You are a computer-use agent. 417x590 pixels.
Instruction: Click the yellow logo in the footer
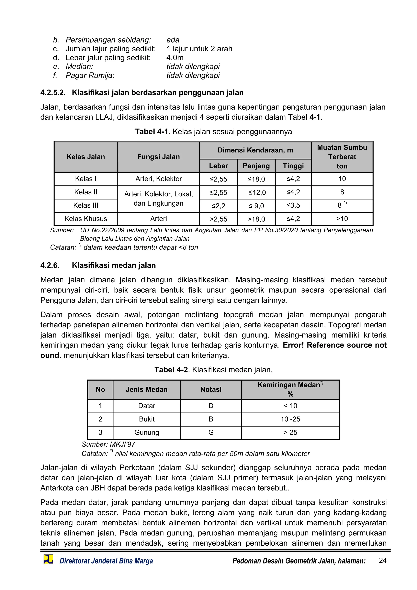tap(48, 559)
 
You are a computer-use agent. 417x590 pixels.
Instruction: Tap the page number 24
tap(382, 560)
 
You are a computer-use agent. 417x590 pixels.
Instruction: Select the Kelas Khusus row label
tap(86, 219)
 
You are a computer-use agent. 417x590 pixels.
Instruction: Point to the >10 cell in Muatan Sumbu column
tap(342, 219)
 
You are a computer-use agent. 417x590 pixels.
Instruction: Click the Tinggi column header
tap(293, 166)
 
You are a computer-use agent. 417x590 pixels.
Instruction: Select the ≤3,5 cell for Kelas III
tap(293, 205)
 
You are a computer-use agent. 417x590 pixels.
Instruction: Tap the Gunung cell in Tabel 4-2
tap(147, 432)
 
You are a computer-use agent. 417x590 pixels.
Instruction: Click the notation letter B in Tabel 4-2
tap(211, 419)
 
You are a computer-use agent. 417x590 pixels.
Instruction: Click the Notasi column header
tap(211, 389)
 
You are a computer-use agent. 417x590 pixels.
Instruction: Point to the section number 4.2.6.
tap(50, 265)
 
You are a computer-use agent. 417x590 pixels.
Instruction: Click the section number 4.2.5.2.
tap(53, 92)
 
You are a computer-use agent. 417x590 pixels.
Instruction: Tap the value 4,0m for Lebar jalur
tap(175, 58)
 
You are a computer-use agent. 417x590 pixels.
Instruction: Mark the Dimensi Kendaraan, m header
tap(255, 150)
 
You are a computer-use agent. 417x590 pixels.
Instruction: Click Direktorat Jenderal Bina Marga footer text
tap(106, 561)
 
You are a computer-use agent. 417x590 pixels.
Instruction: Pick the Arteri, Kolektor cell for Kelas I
tap(158, 179)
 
